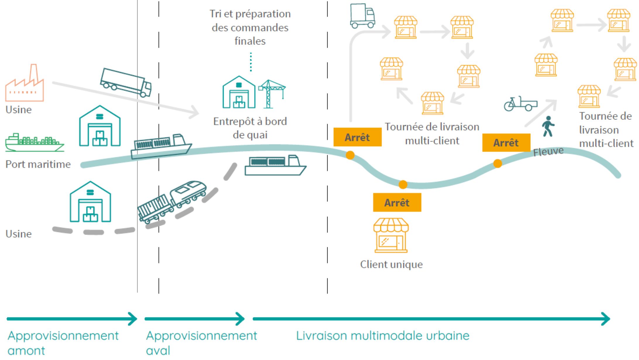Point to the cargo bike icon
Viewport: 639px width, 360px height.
pyautogui.click(x=520, y=104)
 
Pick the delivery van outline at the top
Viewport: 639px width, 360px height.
pyautogui.click(x=362, y=16)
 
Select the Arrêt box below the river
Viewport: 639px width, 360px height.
pyautogui.click(x=397, y=202)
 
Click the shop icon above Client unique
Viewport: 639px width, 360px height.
pyautogui.click(x=391, y=235)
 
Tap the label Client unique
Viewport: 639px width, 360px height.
pyautogui.click(x=391, y=265)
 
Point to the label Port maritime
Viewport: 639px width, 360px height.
pyautogui.click(x=38, y=164)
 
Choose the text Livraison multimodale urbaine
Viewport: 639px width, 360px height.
pyautogui.click(x=383, y=336)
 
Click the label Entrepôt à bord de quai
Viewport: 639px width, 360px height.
pyautogui.click(x=250, y=128)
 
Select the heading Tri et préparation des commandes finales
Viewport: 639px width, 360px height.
pyautogui.click(x=250, y=27)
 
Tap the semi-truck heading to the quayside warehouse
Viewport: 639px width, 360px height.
pyautogui.click(x=126, y=82)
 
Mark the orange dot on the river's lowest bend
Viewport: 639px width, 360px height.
pyautogui.click(x=403, y=184)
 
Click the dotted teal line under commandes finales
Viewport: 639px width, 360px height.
pyautogui.click(x=251, y=62)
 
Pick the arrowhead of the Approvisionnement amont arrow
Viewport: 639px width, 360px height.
pyautogui.click(x=133, y=319)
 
